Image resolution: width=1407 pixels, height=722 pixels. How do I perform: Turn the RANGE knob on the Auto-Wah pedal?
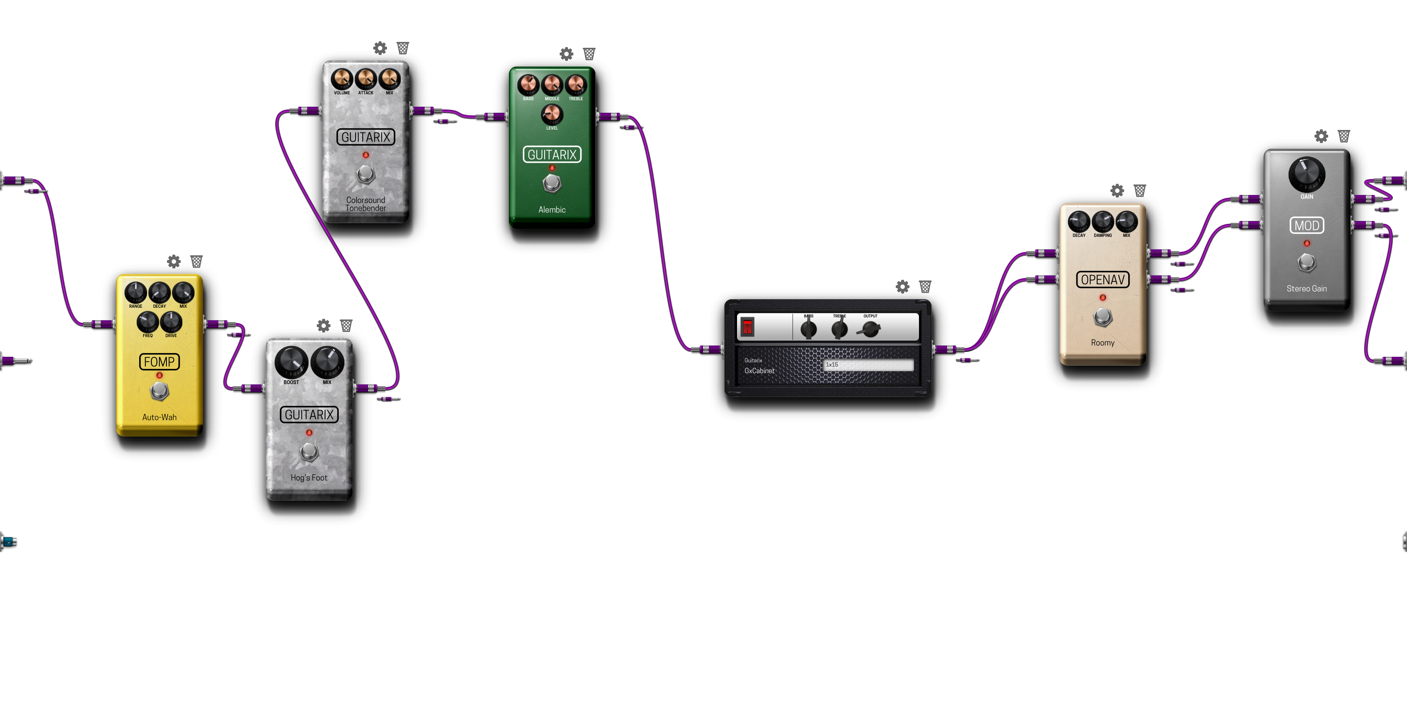point(135,293)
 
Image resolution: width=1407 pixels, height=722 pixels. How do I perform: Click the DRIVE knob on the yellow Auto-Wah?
point(171,322)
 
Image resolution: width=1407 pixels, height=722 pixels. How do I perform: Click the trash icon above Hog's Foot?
point(346,325)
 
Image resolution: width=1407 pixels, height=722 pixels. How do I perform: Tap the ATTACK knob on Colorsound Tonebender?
point(366,79)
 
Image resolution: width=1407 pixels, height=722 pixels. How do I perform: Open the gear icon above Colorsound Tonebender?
point(380,48)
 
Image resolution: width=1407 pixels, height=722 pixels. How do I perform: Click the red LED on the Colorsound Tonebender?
point(366,155)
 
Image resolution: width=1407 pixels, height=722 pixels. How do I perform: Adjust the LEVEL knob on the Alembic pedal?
point(552,114)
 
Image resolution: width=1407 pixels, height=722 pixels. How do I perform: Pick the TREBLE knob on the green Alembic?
point(576,85)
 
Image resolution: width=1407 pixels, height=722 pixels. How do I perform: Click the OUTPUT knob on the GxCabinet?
point(870,329)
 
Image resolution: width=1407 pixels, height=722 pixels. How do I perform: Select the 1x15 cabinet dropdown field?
point(868,365)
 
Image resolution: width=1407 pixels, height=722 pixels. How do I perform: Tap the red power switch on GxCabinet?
point(747,327)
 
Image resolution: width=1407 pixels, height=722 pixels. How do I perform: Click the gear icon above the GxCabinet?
point(902,287)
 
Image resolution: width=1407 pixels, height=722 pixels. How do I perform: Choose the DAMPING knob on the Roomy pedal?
point(1102,222)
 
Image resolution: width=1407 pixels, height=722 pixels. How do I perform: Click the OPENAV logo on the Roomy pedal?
point(1102,280)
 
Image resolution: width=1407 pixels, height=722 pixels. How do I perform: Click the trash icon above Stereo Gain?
point(1344,136)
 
